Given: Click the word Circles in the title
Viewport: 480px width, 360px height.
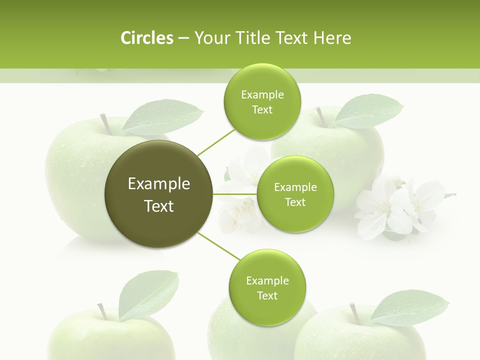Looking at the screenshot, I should point(146,38).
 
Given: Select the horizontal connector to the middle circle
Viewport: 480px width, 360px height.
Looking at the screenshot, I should point(235,194).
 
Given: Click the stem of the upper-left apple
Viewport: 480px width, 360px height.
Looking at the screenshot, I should point(105,123).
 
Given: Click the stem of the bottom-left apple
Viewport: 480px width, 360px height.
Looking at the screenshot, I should point(102,311).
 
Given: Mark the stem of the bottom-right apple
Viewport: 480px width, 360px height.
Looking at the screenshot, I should point(355,313).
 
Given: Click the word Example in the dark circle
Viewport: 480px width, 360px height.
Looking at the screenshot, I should point(159,184).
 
